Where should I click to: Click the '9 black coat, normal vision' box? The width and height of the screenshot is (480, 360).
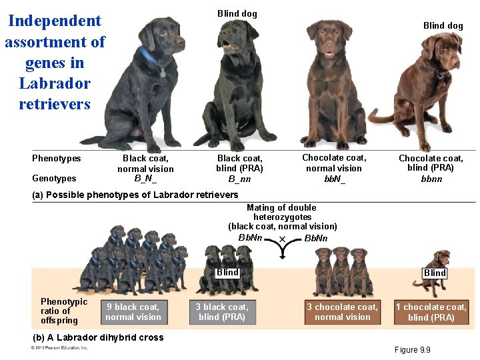coord(133,312)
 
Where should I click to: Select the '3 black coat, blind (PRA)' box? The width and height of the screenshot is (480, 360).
coord(221,312)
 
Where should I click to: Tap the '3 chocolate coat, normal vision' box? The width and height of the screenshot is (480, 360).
coord(342,312)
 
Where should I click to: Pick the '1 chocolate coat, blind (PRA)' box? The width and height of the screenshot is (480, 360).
coord(431,312)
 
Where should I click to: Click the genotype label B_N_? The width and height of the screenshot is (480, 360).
coord(145,178)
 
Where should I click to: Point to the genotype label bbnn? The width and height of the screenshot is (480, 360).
coord(431,179)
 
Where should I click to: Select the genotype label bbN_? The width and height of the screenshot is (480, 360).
coord(334,179)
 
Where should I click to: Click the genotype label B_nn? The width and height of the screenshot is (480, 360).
coord(240,179)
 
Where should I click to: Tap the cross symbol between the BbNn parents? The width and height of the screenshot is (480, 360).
coord(282,239)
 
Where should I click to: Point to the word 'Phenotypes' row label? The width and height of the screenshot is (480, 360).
coord(57,158)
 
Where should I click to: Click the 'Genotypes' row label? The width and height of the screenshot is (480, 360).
coord(54,178)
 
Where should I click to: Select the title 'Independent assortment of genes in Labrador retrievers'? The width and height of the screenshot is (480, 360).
coord(55,62)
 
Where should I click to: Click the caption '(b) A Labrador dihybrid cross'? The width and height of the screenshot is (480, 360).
coord(98,337)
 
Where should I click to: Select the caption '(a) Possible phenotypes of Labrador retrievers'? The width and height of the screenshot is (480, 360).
coord(135,195)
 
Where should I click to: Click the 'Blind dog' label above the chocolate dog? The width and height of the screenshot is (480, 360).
coord(443,25)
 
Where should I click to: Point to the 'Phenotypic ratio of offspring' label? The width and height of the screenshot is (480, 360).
coord(64,311)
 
